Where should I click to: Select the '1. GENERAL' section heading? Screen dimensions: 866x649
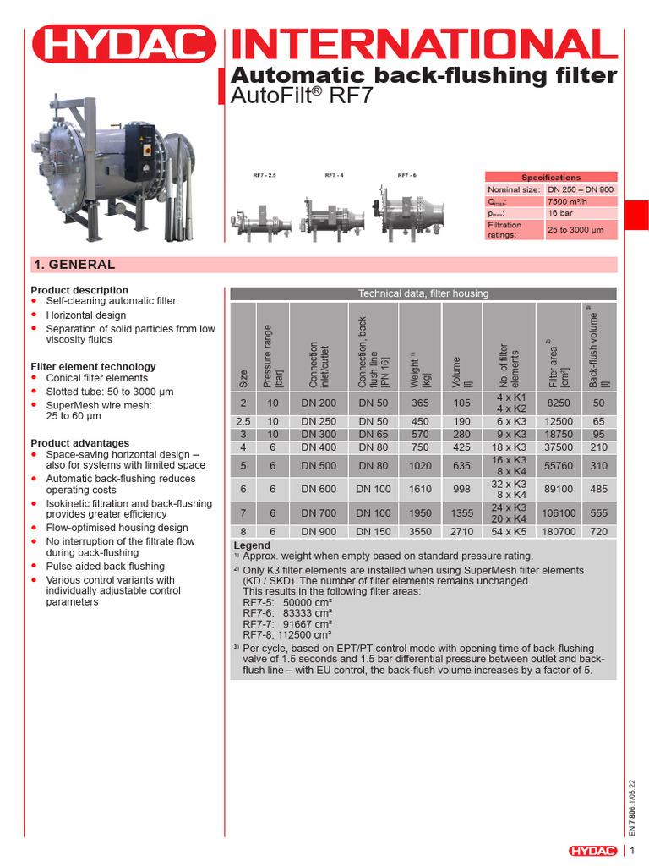74,264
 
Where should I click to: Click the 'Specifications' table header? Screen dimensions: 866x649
550,178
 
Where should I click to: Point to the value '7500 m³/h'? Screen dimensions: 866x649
570,202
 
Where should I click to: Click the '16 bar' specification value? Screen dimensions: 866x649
560,215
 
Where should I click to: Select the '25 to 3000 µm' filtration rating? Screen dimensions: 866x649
576,230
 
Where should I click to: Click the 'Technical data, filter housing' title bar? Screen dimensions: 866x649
423,293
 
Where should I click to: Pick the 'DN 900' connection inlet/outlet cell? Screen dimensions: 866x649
318,532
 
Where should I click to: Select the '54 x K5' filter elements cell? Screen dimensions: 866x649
510,532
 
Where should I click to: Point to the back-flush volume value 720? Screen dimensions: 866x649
599,532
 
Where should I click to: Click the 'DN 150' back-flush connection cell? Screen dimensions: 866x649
372,532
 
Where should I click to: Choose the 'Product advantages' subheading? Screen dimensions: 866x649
80,443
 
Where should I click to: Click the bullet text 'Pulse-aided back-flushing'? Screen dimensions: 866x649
105,567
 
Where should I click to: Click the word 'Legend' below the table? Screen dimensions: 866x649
252,545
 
